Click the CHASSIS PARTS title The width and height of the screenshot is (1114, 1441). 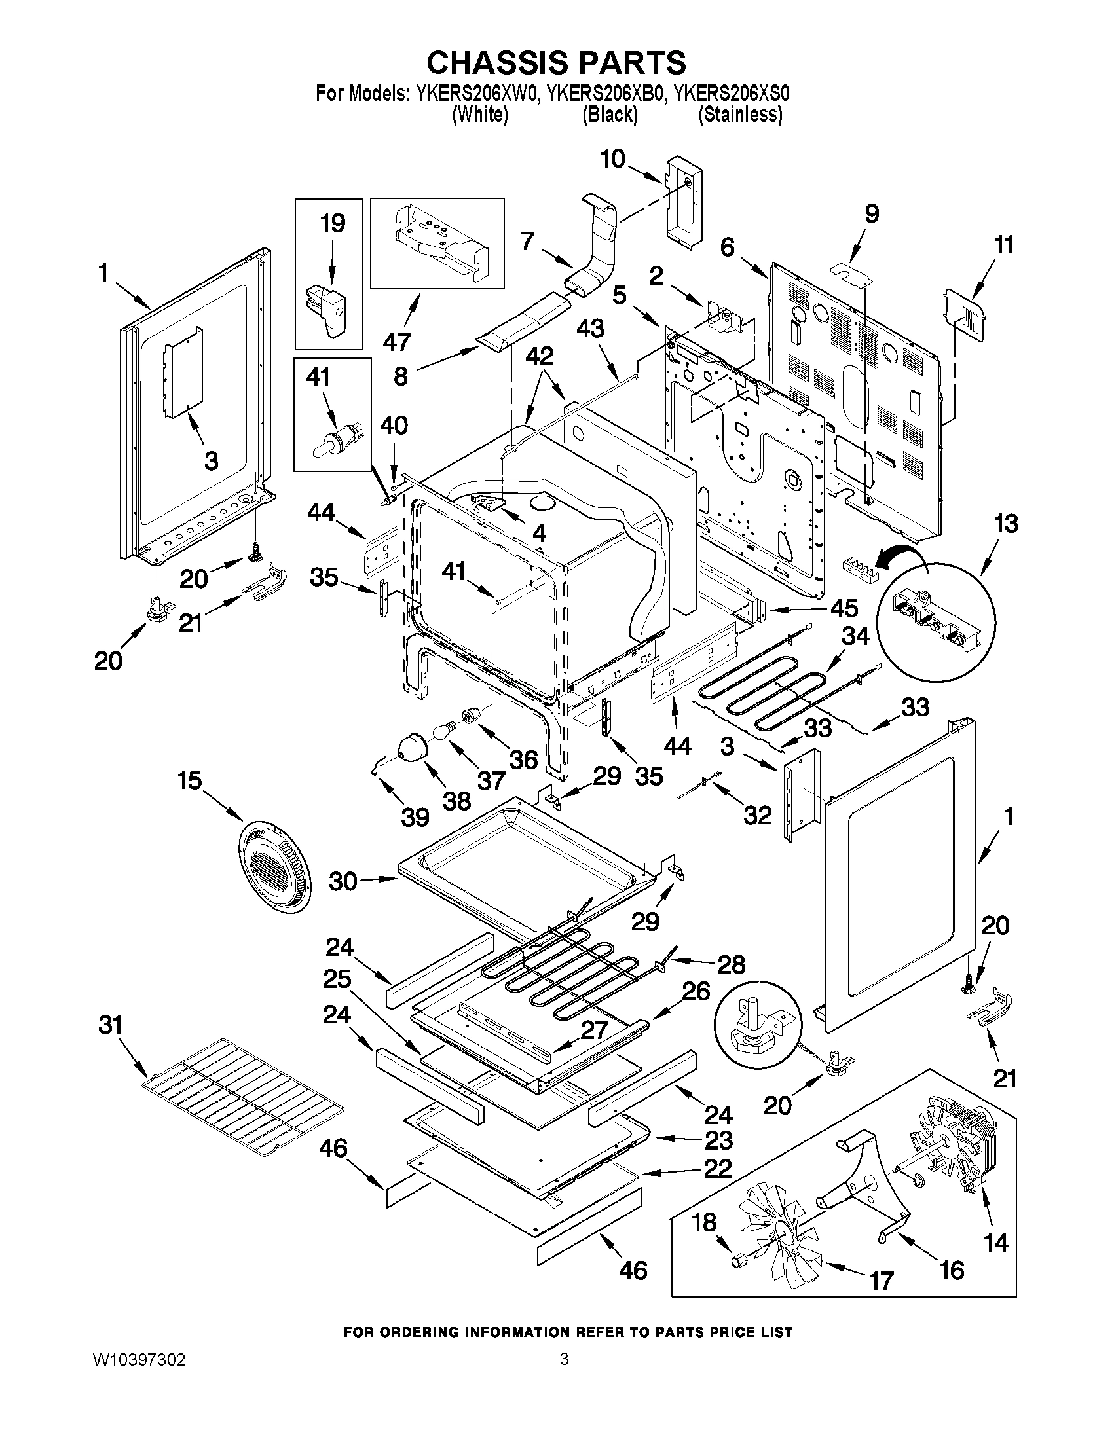tap(556, 63)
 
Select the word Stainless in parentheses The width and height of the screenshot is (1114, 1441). tap(741, 115)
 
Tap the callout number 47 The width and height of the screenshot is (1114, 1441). tap(398, 341)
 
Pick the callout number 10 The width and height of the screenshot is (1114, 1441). tap(613, 159)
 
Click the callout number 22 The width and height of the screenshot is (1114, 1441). tap(718, 1169)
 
